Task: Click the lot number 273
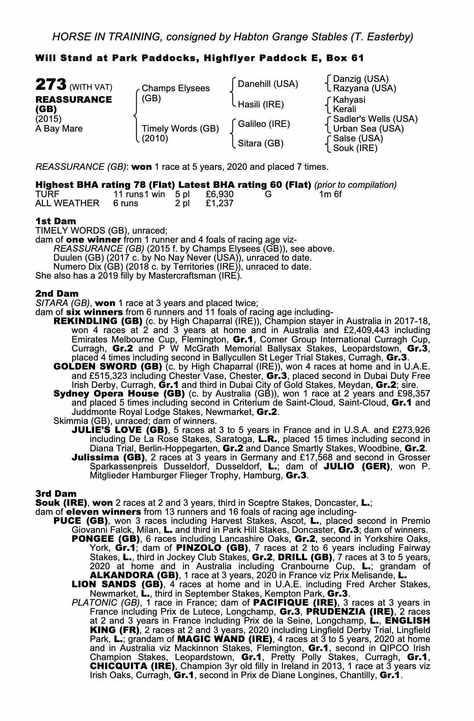(x=51, y=85)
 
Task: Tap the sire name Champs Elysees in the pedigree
(x=176, y=88)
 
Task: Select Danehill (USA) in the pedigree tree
(x=268, y=84)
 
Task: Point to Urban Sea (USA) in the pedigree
(x=368, y=129)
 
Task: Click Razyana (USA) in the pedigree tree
(x=364, y=88)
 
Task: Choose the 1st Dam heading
(x=56, y=221)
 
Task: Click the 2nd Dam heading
(x=57, y=294)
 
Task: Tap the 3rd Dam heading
(x=56, y=494)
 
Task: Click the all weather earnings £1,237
(x=220, y=203)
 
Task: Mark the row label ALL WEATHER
(x=67, y=203)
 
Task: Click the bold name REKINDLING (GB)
(x=98, y=321)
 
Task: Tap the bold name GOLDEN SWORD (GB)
(x=107, y=367)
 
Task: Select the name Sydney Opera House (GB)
(x=119, y=394)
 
